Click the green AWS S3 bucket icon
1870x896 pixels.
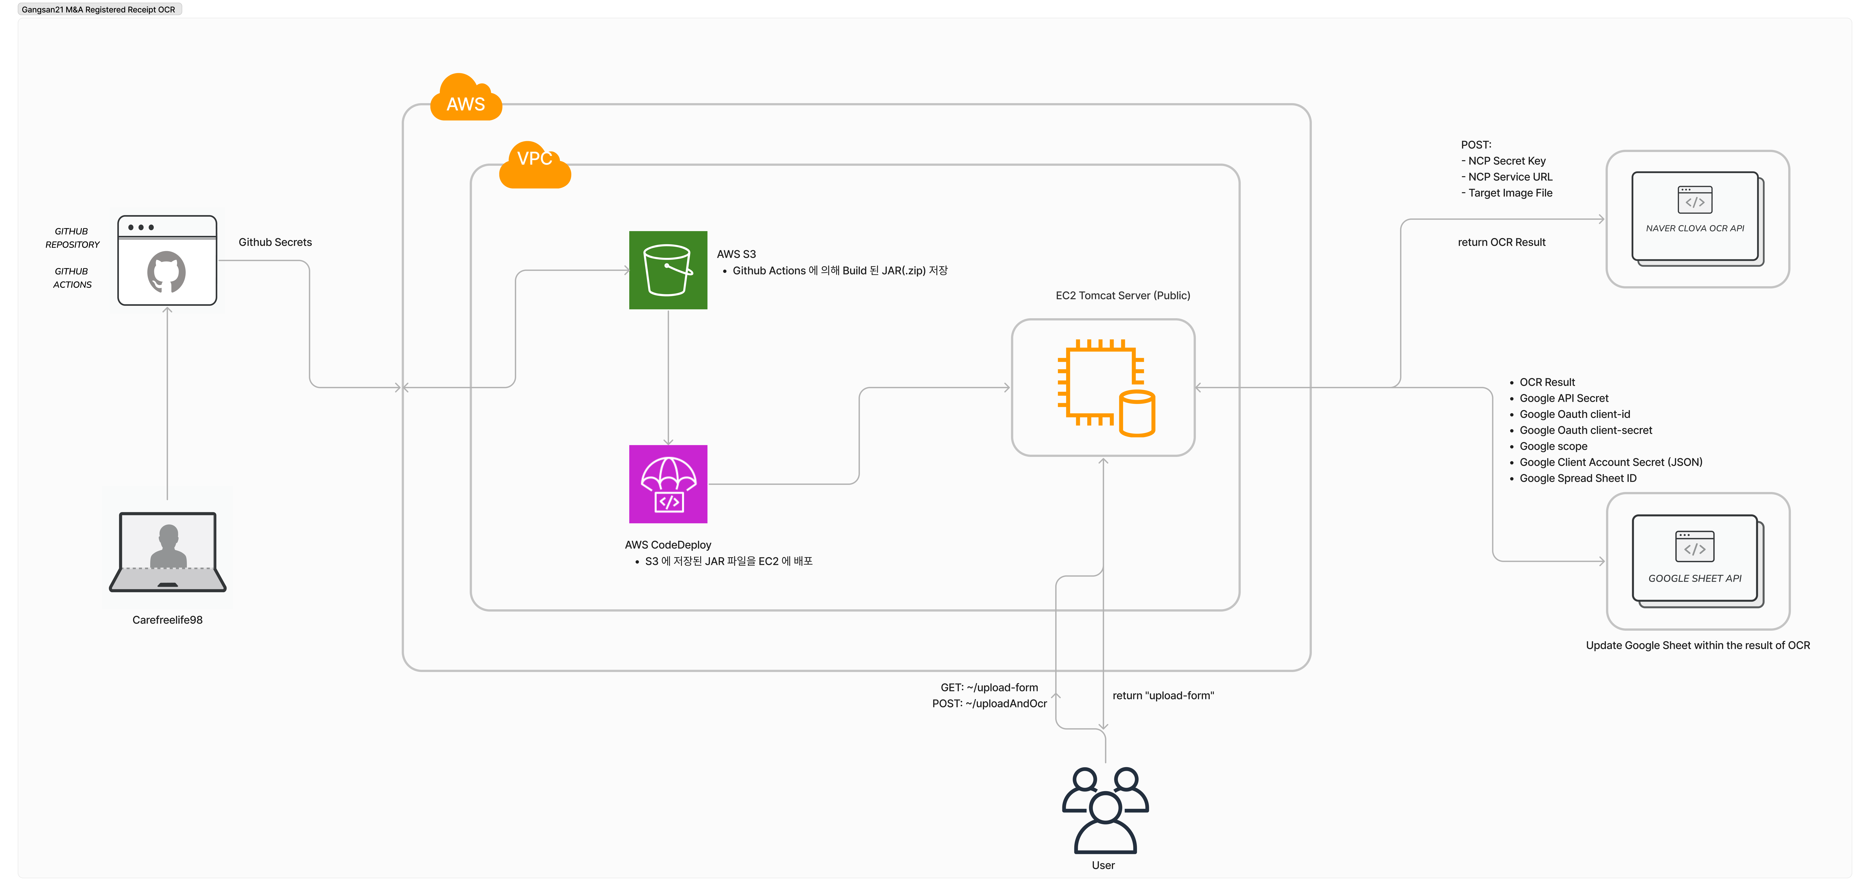668,270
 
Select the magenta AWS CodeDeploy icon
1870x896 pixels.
668,484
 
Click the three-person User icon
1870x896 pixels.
1105,810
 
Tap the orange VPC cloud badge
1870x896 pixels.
535,164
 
